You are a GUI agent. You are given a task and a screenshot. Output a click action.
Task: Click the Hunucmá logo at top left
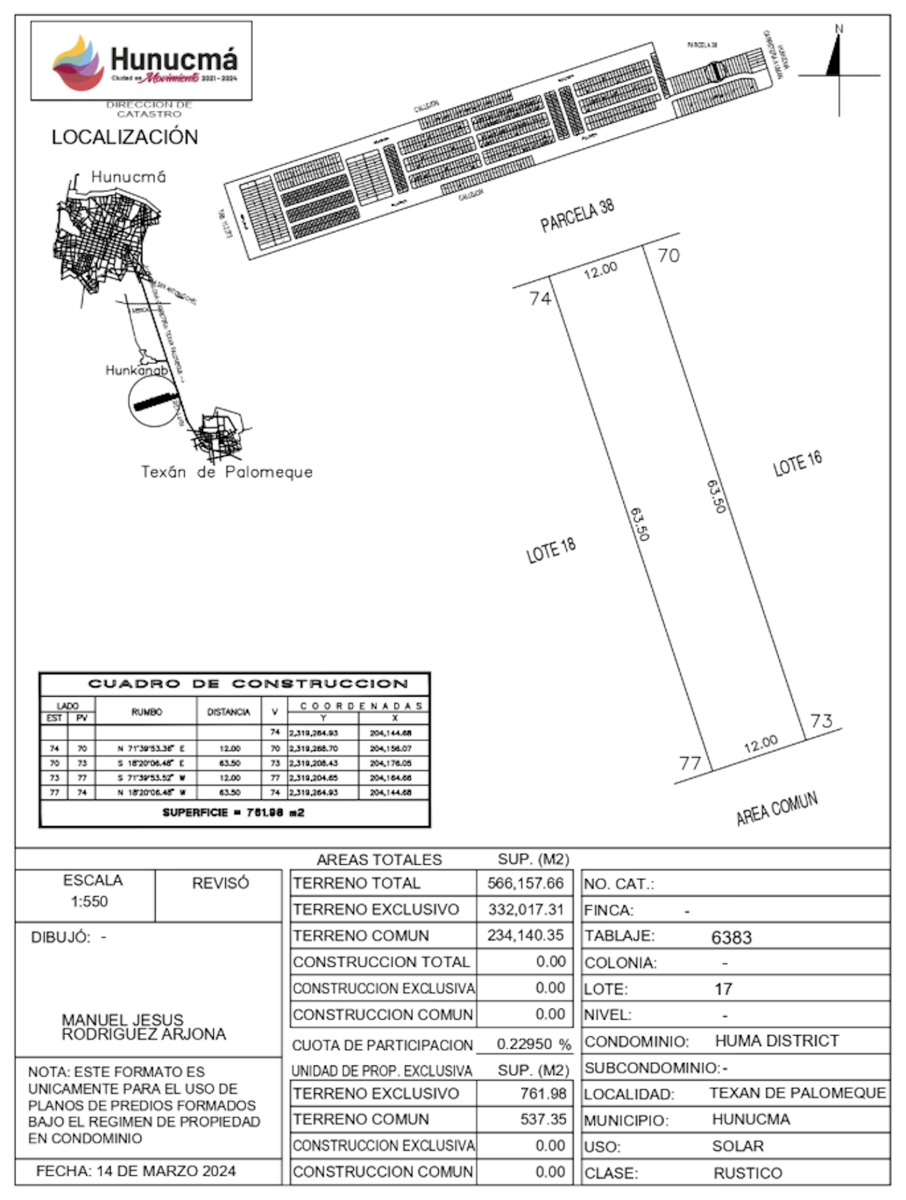141,61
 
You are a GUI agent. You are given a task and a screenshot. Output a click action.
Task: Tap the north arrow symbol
838,68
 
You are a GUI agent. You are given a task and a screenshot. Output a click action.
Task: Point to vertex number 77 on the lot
690,763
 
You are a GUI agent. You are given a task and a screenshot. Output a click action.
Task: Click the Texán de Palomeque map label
227,472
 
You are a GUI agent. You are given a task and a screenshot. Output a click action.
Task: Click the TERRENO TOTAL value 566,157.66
525,883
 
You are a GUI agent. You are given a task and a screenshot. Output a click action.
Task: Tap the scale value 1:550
89,902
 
